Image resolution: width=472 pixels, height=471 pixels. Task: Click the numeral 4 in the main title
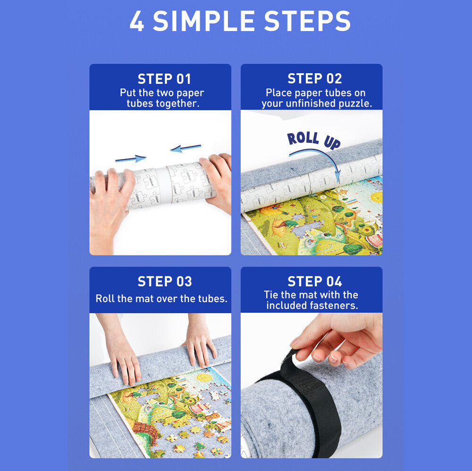137,21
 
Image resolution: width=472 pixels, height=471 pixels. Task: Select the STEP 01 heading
164,79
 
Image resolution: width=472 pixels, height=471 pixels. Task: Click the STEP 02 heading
314,78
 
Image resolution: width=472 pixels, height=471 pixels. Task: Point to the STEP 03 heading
165,281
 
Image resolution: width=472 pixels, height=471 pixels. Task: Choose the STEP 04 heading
314,281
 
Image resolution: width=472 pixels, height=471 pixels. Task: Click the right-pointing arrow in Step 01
131,158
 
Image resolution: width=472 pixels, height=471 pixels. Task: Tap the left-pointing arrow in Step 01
185,148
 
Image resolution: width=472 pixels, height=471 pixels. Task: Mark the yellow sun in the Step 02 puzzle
377,197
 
